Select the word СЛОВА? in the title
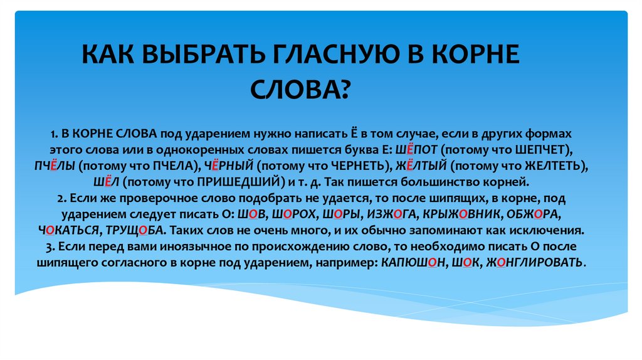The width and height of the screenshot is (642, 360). click(x=299, y=90)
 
